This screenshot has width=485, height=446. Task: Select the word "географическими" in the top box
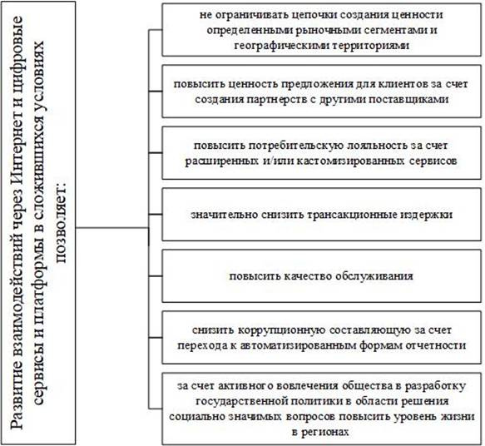(282, 46)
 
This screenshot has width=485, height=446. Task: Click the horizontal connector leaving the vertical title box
(112, 228)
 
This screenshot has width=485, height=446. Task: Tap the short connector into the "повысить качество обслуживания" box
(156, 276)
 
